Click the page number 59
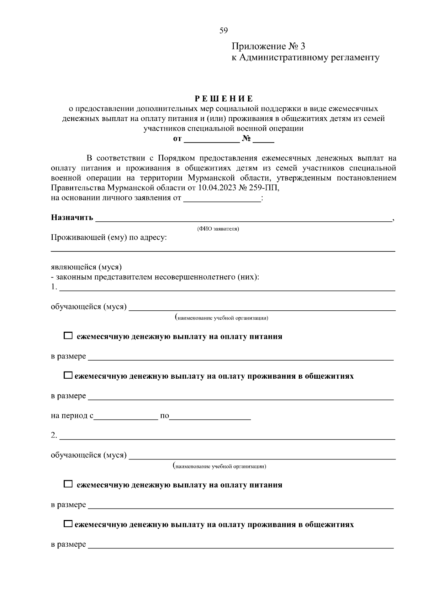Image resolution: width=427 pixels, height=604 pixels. click(223, 31)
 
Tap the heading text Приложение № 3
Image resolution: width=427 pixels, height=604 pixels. click(268, 46)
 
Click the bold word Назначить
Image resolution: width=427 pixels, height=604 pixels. click(72, 217)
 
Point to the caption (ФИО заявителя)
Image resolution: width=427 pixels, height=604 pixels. click(218, 229)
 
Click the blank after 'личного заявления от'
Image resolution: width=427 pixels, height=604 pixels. click(222, 199)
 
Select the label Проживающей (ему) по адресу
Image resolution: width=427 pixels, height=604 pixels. click(109, 237)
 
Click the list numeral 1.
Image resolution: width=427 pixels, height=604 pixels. click(54, 287)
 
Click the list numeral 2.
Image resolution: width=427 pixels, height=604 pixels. click(54, 435)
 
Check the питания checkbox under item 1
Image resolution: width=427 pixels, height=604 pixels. click(68, 336)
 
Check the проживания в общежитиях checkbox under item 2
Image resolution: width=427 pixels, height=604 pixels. click(68, 524)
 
